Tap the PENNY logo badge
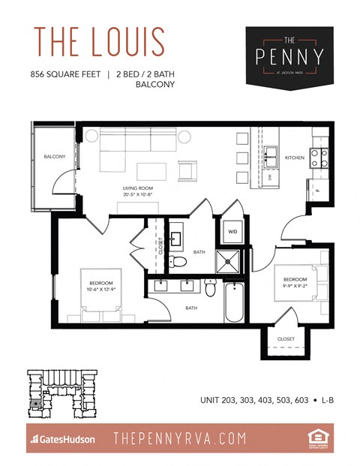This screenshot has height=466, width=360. click(x=289, y=54)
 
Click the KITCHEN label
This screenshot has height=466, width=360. click(x=294, y=158)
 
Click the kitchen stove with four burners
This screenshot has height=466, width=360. click(x=318, y=157)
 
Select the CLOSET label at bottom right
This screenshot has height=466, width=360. click(x=286, y=339)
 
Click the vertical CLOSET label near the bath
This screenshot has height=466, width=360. click(x=160, y=247)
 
